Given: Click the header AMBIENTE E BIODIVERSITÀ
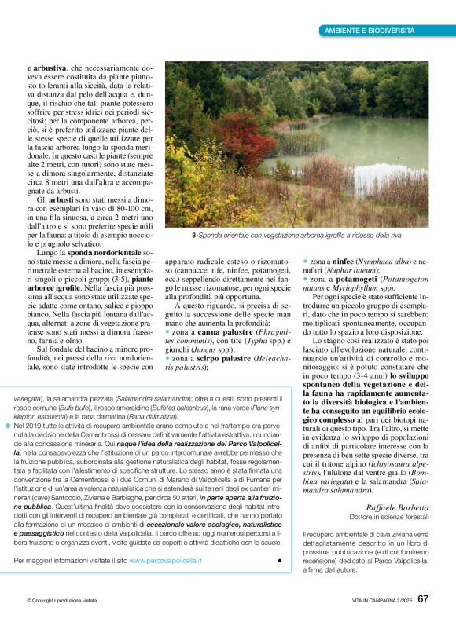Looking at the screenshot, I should [369, 31].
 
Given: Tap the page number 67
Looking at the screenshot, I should [423, 599].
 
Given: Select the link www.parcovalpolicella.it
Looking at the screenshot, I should [165, 560].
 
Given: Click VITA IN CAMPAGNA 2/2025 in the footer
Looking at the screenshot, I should [372, 601].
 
